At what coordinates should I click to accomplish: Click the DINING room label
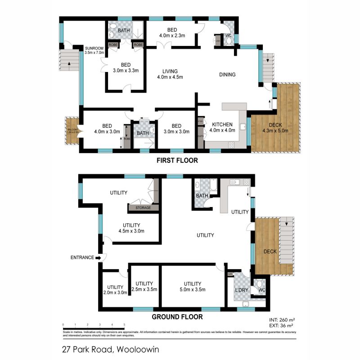coord(227,75)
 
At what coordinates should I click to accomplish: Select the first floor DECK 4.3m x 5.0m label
coord(275,128)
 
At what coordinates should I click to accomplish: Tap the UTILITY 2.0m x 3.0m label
coord(115,289)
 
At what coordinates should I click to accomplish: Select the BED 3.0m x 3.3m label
coord(125,67)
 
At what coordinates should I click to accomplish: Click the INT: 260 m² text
coord(281,320)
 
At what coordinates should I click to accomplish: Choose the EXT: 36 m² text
coord(281,325)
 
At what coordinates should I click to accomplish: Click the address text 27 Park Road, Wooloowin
coord(111,349)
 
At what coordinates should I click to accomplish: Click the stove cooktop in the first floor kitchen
coord(232,145)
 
